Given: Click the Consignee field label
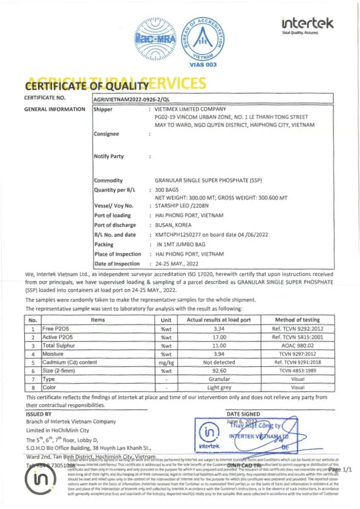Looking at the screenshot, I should (x=107, y=134).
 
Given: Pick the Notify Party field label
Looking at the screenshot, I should (x=109, y=156).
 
